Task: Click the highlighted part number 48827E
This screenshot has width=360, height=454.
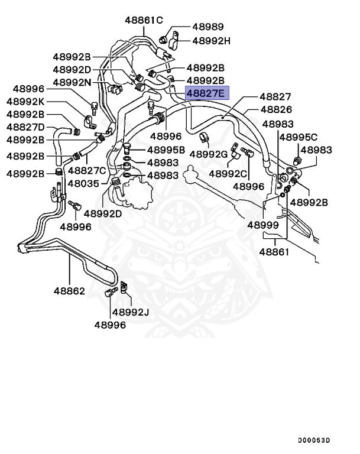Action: [x=206, y=93]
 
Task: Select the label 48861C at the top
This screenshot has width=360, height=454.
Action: [x=144, y=20]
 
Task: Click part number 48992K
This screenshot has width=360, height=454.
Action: [x=25, y=101]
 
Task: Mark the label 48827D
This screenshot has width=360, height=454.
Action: [x=25, y=127]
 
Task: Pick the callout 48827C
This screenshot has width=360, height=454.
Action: [x=86, y=170]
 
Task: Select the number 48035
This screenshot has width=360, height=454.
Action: [x=83, y=183]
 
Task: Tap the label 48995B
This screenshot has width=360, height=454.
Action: [x=166, y=150]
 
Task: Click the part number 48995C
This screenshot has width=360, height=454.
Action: [x=298, y=137]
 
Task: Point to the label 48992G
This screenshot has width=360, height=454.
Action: [x=209, y=154]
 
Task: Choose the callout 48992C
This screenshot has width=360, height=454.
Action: [x=228, y=174]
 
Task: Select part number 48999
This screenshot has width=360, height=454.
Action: [x=262, y=225]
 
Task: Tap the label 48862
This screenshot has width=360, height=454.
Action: [x=69, y=291]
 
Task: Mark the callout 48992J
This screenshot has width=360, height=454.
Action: [x=131, y=312]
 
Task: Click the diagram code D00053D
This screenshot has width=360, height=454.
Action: [x=314, y=440]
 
